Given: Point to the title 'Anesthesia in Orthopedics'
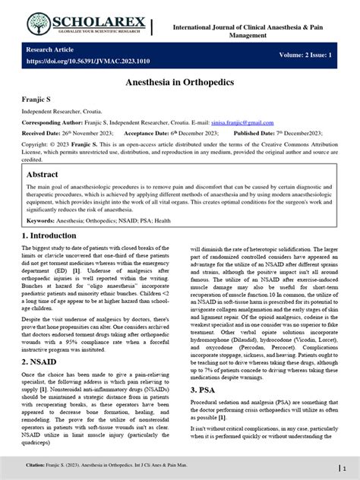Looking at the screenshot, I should tap(180, 81).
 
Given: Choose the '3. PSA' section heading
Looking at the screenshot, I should tap(205, 390).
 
